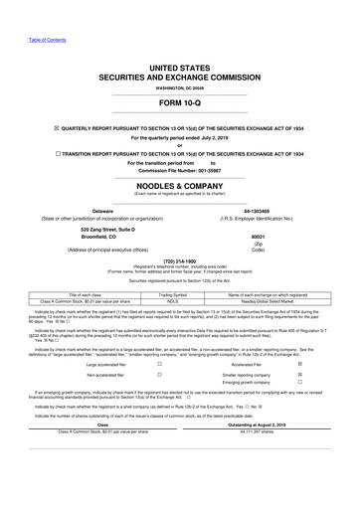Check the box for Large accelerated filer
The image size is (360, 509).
[159, 393]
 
